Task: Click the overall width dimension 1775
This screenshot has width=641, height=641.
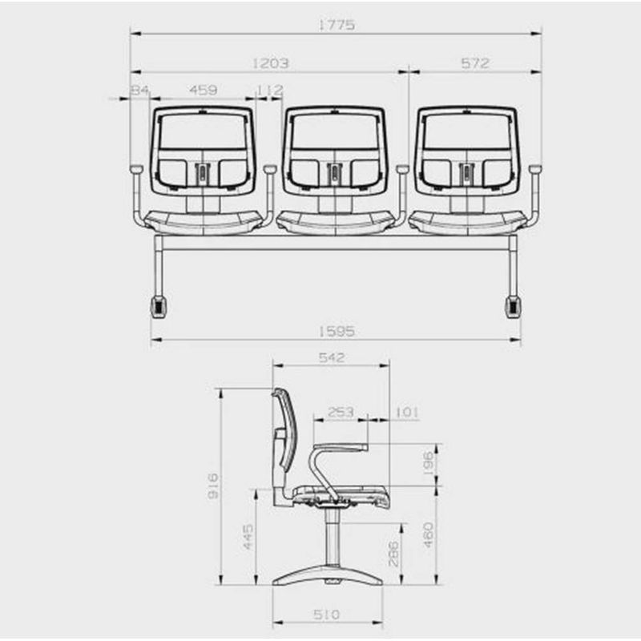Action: pyautogui.click(x=336, y=25)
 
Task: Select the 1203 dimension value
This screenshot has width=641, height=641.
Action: pyautogui.click(x=270, y=63)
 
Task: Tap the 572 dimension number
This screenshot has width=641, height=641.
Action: pyautogui.click(x=475, y=63)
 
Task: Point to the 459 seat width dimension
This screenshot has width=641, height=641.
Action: pyautogui.click(x=202, y=91)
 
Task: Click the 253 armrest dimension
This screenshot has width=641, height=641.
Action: pyautogui.click(x=341, y=412)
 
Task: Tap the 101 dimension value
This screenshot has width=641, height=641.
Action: pyautogui.click(x=407, y=412)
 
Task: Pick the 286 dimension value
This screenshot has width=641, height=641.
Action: pyautogui.click(x=393, y=553)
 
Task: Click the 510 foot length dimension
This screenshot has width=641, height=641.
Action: pyautogui.click(x=327, y=615)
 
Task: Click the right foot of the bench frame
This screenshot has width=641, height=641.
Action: pyautogui.click(x=511, y=306)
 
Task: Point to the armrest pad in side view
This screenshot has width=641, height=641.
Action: pyautogui.click(x=341, y=446)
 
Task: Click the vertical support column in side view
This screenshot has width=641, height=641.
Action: pyautogui.click(x=329, y=537)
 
